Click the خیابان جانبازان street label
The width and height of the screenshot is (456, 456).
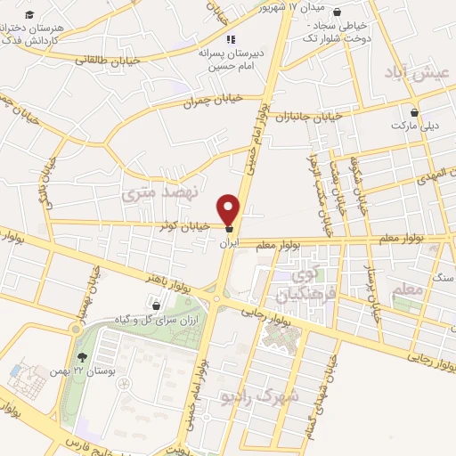(308, 117)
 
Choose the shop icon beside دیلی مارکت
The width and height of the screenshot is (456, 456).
(416, 113)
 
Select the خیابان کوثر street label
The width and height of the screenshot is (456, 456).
(188, 226)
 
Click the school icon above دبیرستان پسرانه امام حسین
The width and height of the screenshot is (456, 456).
(231, 40)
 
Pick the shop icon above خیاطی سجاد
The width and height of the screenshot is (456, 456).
(338, 12)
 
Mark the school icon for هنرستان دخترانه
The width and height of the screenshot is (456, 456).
(29, 16)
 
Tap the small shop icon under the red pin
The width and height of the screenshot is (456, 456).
(231, 228)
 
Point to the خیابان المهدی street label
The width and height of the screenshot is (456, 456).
(431, 174)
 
